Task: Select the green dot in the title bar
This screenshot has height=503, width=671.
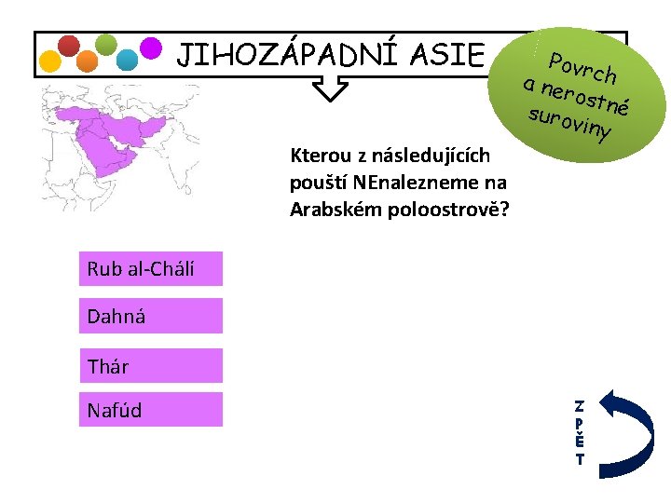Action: (106, 44)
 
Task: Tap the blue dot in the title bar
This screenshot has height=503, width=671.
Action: (127, 61)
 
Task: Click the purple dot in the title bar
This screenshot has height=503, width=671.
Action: (150, 46)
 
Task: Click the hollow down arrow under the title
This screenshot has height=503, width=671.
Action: (329, 88)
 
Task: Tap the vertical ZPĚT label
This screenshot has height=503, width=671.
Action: (579, 433)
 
